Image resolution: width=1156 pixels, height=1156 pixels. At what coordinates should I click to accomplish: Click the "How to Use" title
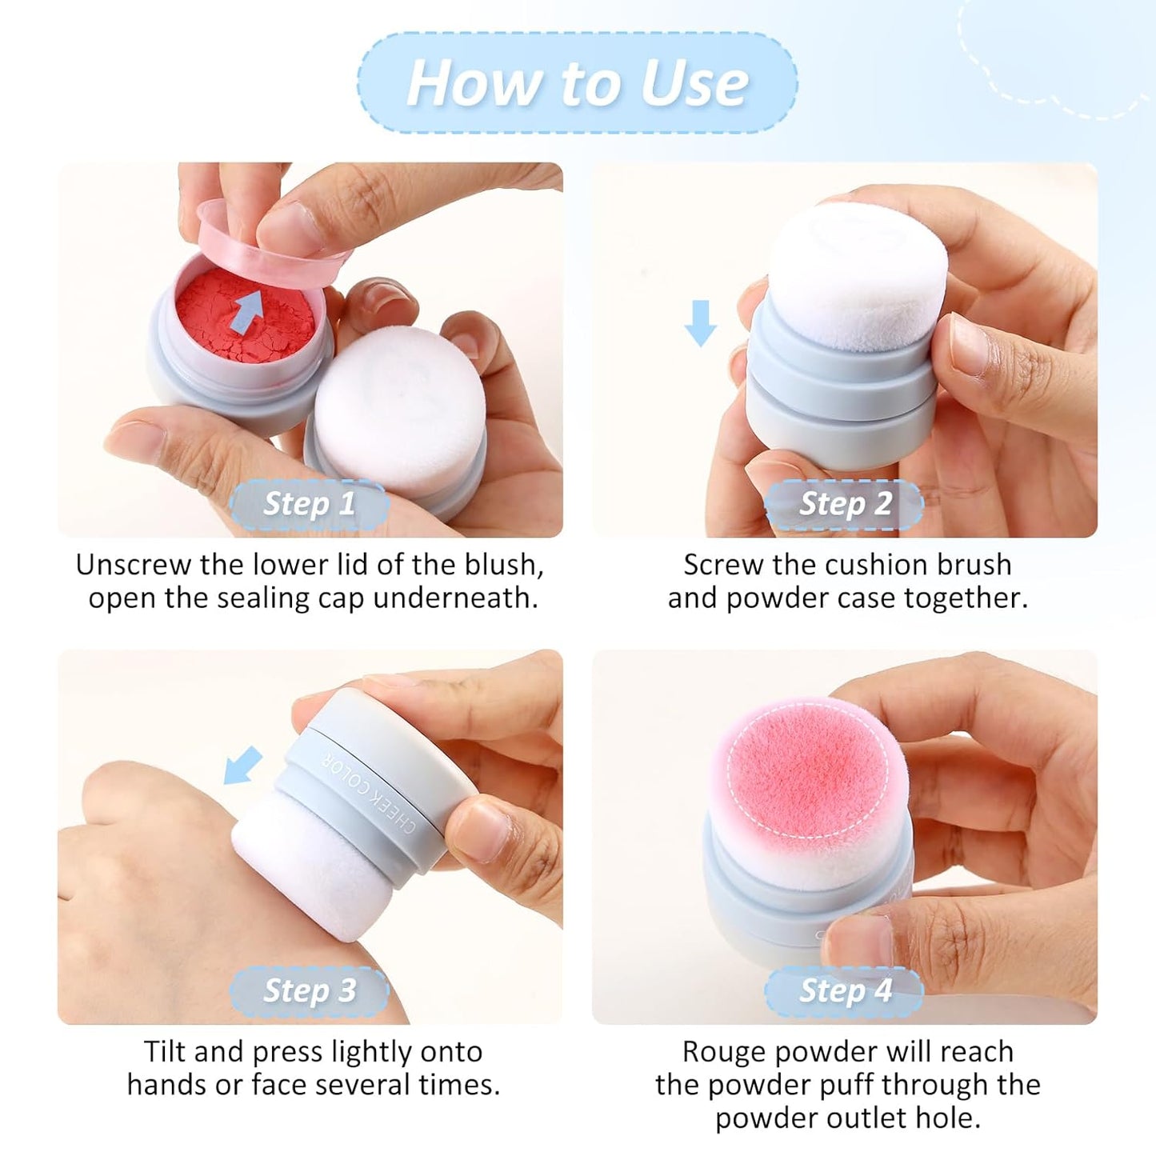578,83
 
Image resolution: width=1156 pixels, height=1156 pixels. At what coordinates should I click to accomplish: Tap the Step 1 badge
309,504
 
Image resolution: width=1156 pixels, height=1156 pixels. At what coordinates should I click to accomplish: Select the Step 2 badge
845,504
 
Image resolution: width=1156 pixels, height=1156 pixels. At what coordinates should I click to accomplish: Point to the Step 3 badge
309,990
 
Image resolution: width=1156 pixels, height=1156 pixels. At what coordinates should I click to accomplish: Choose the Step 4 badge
845,990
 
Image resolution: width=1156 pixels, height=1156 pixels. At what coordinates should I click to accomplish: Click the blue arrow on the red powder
249,310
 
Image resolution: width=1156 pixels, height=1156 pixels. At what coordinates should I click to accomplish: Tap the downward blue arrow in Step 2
701,322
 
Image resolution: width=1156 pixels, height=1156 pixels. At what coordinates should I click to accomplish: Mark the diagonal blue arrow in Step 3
242,765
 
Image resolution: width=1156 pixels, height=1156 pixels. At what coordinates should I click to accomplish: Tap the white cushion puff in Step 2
860,272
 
